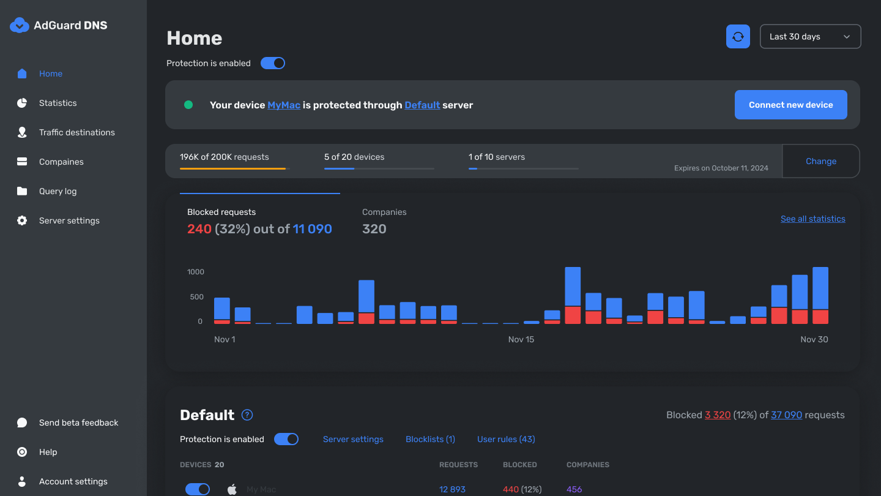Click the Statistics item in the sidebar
[x=58, y=103]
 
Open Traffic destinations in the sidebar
[x=76, y=132]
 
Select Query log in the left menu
[x=58, y=191]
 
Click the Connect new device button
[x=790, y=105]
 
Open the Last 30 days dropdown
[x=810, y=37]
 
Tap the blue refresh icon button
[x=738, y=37]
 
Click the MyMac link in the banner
[x=284, y=105]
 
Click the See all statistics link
[x=812, y=219]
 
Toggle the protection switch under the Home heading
[x=273, y=63]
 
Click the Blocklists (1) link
[x=430, y=439]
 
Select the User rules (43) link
[x=506, y=439]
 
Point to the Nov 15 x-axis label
[x=521, y=339]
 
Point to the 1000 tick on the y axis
[x=196, y=272]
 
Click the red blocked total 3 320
[x=718, y=415]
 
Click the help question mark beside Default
[x=247, y=415]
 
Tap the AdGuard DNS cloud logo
[x=20, y=25]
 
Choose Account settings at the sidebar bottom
[x=73, y=481]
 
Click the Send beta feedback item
[x=78, y=423]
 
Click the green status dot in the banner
[x=188, y=105]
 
